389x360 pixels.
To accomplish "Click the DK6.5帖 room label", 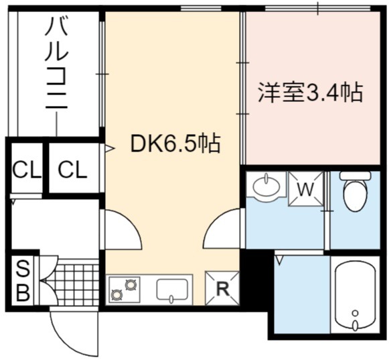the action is coord(175,143).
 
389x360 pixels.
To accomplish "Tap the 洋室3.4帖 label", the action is coord(311,93).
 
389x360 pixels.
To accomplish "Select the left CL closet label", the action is coord(27,170).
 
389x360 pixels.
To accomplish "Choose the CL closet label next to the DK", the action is coord(73,170).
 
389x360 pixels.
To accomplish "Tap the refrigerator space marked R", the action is coord(222,288).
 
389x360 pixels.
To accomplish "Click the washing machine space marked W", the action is coord(306,189).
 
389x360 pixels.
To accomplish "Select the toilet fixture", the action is coord(355,191).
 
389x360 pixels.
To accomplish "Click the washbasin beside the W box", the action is coord(266,185).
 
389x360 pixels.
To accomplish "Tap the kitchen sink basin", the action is coord(171,290).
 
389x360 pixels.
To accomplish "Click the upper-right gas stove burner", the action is coord(131,285).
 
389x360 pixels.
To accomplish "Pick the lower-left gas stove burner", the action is coord(116,295).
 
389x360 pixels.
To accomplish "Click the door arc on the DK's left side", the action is coord(132,224).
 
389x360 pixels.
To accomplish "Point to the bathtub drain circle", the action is coord(356,313).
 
